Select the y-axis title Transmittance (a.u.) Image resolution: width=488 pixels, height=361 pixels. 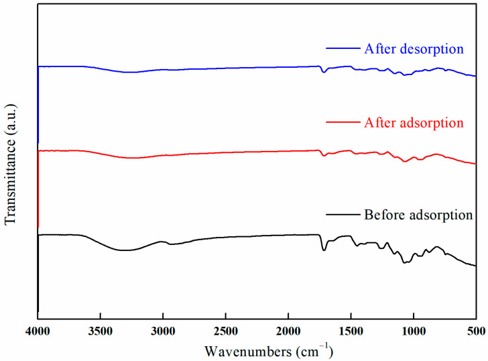pos(11,160)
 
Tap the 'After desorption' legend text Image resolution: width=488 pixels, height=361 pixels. pos(414,49)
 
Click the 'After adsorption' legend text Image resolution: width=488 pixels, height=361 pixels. pos(414,123)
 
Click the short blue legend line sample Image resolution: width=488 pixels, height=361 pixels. pos(343,49)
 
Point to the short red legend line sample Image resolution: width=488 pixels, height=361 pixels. pos(343,123)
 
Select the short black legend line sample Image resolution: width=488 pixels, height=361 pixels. pos(343,215)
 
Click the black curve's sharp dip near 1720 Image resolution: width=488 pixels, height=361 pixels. pos(324,250)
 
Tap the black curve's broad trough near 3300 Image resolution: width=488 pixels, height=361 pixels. pos(125,250)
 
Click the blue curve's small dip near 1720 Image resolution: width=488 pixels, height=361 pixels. pos(324,72)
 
